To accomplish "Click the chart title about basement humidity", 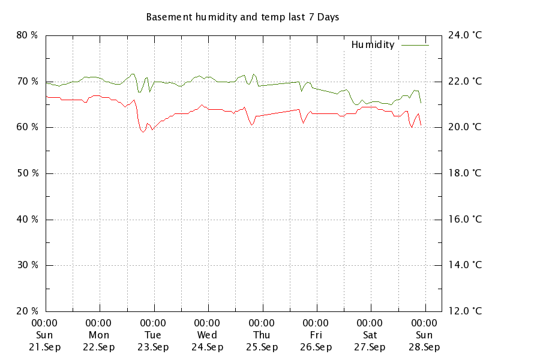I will click(242, 17).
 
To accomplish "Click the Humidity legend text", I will click(373, 44).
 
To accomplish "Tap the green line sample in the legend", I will click(415, 44).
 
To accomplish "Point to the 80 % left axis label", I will click(27, 35).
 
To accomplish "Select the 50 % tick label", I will click(27, 173).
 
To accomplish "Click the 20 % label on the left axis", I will click(27, 311).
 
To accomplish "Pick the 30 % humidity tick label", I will click(27, 265).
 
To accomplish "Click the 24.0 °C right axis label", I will click(465, 35).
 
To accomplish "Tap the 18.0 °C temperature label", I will click(465, 173).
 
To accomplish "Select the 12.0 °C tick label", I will click(465, 311).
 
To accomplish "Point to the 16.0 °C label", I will click(465, 219).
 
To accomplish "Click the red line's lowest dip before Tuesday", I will click(143, 132).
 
